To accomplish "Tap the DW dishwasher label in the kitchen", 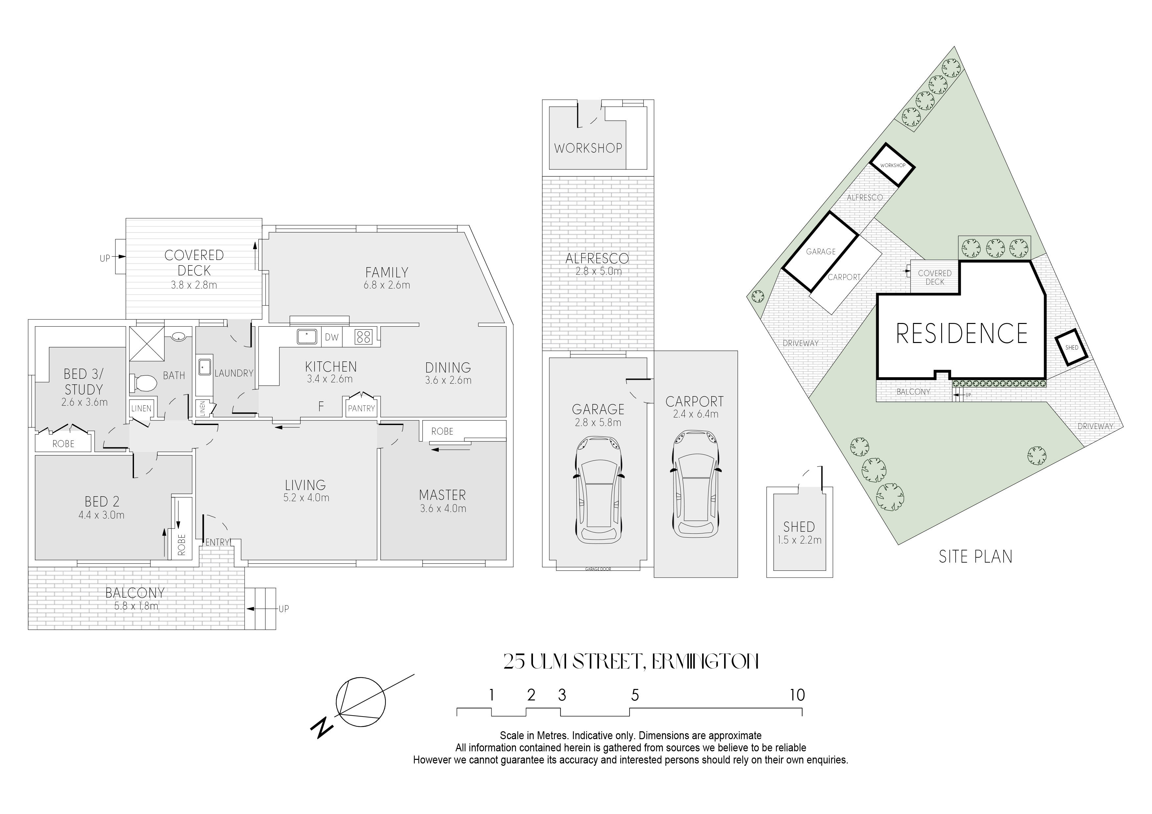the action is pos(332,337).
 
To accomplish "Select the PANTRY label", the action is pos(361,408).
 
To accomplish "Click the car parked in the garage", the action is pos(598,489).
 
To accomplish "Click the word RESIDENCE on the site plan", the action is pos(962,333).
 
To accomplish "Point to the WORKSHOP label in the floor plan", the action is pos(588,148).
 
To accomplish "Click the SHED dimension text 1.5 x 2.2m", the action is pos(799,540).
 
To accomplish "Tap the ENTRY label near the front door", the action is pos(217,542).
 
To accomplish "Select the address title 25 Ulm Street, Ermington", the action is pos(631,662).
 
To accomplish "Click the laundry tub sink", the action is pos(205,367).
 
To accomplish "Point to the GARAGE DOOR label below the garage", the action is pos(598,569).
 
